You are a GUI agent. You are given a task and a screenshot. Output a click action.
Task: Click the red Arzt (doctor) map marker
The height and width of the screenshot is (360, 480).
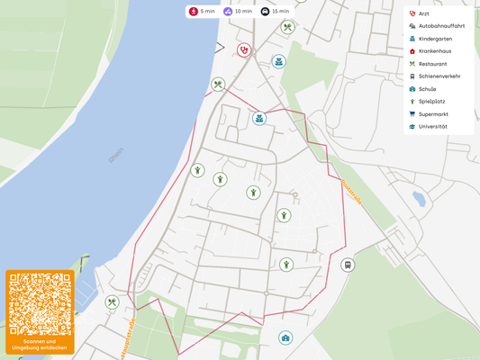click(x=243, y=50)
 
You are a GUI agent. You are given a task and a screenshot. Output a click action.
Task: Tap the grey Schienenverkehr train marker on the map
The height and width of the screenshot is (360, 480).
click(x=348, y=265)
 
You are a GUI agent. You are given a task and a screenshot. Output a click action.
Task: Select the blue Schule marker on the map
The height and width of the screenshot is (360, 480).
click(x=285, y=338)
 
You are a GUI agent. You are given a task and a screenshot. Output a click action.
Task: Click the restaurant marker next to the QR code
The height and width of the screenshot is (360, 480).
click(x=112, y=302)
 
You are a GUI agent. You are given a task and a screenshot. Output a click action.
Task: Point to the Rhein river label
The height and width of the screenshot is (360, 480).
click(x=116, y=156)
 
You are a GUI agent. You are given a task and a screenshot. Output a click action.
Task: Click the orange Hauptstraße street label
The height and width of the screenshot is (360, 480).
click(x=127, y=337)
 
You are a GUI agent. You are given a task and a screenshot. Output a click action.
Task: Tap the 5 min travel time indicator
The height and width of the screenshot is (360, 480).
click(x=202, y=12)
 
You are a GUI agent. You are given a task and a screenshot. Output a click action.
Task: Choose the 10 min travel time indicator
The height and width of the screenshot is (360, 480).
click(x=238, y=12)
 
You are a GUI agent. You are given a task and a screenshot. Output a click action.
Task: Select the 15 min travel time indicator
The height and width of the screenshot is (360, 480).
click(x=276, y=12)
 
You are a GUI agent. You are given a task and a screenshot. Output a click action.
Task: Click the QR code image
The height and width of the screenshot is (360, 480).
click(x=40, y=303)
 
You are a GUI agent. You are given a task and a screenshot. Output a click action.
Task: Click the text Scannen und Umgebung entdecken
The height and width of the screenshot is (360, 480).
click(x=40, y=345)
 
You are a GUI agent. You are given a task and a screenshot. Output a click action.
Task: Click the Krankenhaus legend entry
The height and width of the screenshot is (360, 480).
click(x=435, y=51)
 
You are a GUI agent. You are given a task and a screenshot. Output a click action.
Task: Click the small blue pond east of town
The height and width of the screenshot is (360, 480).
click(x=418, y=199)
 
